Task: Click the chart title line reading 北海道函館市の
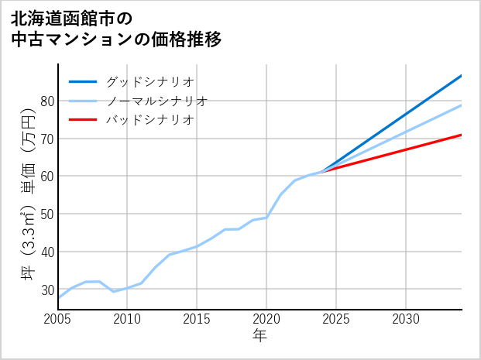tap(72, 15)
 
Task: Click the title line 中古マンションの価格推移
tap(117, 39)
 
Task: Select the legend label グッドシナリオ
tap(149, 81)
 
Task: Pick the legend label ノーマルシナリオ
tap(156, 101)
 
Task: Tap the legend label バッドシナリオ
tap(149, 120)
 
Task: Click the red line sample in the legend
tap(84, 120)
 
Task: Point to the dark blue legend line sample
tap(84, 81)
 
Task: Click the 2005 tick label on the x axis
tap(58, 319)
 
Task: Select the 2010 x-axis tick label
tap(128, 319)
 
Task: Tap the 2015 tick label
tap(197, 319)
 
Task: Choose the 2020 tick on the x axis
tap(266, 319)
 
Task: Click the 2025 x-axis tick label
tap(336, 319)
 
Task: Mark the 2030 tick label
tap(406, 319)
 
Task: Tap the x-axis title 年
tap(259, 337)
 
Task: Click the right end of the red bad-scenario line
tap(461, 135)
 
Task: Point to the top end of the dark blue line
tap(461, 76)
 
